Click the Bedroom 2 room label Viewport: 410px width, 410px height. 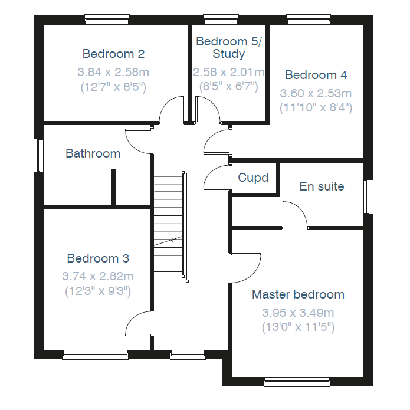(113, 54)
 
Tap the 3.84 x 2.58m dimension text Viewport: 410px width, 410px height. (113, 72)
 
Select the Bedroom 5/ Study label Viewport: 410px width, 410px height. (228, 48)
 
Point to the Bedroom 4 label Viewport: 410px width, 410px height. (316, 75)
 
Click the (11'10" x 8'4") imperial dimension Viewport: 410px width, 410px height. (316, 108)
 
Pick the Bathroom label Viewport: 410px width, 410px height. (93, 153)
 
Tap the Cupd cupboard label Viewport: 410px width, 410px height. (253, 178)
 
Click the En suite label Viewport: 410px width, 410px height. (322, 186)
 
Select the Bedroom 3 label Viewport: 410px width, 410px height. (98, 258)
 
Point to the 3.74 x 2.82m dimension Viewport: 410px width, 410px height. (98, 277)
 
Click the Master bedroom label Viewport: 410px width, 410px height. (298, 294)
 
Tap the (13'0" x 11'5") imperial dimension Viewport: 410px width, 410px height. (298, 327)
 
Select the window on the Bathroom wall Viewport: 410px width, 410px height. (39, 155)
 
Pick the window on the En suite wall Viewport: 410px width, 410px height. (369, 197)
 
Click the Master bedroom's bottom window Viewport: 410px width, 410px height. (297, 382)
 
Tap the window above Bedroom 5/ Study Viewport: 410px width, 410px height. (221, 19)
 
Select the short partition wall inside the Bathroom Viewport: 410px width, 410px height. (113, 187)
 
